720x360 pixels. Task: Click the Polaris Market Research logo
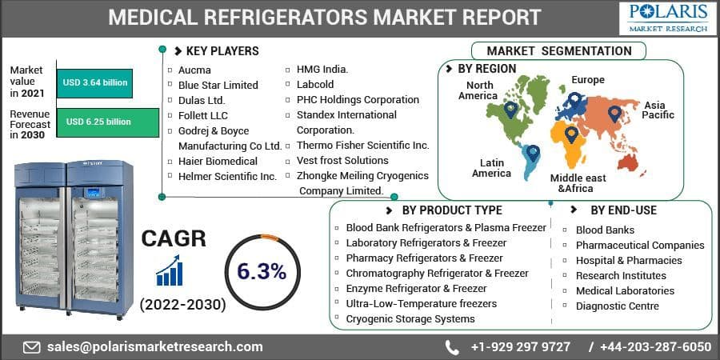pyautogui.click(x=667, y=18)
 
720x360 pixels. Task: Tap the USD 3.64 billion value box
pyautogui.click(x=95, y=82)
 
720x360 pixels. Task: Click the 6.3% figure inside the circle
pyautogui.click(x=262, y=271)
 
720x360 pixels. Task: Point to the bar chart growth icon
pyautogui.click(x=170, y=271)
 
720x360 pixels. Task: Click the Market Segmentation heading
pyautogui.click(x=558, y=51)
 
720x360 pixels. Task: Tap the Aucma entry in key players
pyautogui.click(x=194, y=70)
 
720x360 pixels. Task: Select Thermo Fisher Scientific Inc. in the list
pyautogui.click(x=362, y=146)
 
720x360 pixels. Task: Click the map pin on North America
pyautogui.click(x=510, y=109)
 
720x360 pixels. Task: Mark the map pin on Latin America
pyautogui.click(x=532, y=152)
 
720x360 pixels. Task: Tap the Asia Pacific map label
pyautogui.click(x=658, y=110)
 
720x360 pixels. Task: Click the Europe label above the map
pyautogui.click(x=587, y=80)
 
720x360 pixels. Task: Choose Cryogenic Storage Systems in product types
pyautogui.click(x=410, y=319)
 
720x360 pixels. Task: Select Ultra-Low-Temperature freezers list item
pyautogui.click(x=421, y=304)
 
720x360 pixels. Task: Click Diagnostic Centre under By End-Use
pyautogui.click(x=617, y=306)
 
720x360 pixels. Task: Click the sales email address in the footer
pyautogui.click(x=154, y=347)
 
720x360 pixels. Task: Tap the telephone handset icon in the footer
pyautogui.click(x=452, y=347)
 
